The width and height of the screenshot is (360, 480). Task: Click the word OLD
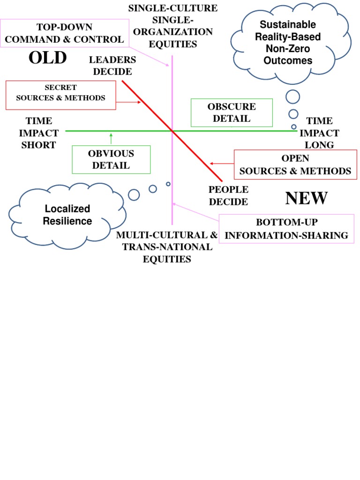47,58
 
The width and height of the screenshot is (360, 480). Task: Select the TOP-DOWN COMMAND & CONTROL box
64,33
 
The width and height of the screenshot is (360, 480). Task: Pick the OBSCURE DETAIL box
232,112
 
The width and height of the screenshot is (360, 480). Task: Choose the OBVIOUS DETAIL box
111,159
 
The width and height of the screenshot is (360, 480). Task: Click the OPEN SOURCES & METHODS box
295,165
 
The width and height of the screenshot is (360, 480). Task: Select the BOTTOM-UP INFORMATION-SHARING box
286,229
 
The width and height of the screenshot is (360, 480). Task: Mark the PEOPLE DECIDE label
228,195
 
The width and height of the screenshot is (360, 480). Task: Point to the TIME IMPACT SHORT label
38,133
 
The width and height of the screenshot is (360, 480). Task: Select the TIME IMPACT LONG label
319,133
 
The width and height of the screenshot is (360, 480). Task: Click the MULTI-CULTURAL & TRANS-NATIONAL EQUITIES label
167,247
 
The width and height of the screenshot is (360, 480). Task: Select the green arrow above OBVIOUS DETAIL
111,138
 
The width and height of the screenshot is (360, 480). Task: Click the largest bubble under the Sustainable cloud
293,97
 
